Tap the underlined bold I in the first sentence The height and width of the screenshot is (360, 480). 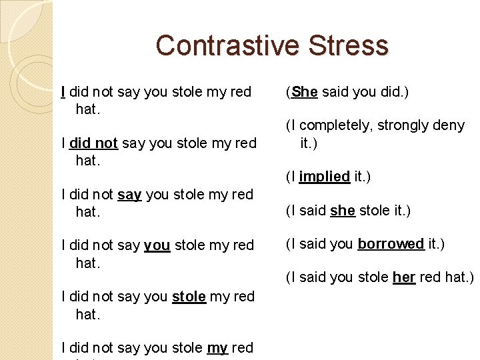[63, 91]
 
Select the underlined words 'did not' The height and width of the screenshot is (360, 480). [93, 143]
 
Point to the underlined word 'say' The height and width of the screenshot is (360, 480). [129, 195]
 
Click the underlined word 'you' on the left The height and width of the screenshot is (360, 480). [157, 245]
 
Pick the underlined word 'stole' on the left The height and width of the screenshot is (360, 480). [189, 296]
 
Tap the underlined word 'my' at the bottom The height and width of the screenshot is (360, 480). [217, 347]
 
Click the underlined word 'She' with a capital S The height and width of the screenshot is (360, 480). [305, 92]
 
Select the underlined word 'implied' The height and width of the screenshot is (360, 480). [325, 176]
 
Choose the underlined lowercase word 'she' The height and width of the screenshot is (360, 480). [343, 211]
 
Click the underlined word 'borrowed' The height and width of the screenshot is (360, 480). [391, 243]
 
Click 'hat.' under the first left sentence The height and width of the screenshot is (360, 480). [88, 109]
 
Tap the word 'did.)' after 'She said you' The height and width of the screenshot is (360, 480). [396, 92]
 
